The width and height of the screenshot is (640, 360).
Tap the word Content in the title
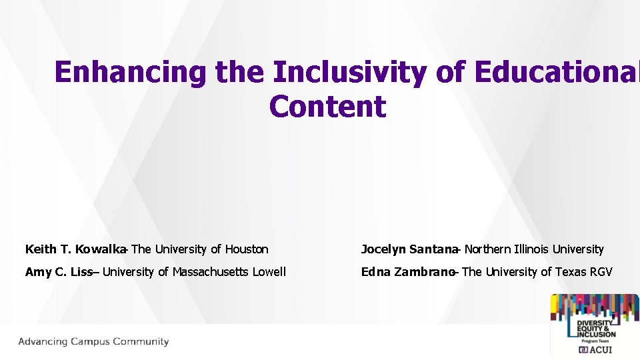[327, 107]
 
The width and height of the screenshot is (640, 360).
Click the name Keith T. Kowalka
[75, 249]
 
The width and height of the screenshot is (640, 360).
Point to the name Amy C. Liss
[58, 272]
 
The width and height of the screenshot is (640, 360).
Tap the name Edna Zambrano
[407, 272]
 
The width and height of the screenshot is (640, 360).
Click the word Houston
[247, 249]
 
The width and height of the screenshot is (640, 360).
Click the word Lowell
[269, 272]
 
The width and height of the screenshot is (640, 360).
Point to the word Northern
[487, 249]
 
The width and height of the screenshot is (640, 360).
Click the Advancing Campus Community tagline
[93, 342]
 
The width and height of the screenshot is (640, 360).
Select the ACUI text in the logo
[600, 349]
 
